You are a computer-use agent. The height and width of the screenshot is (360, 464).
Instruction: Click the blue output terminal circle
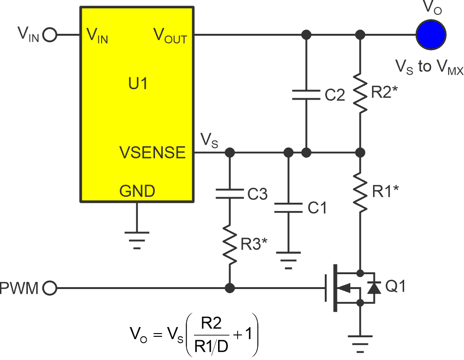tap(431, 34)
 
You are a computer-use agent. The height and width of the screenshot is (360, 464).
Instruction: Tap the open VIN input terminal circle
tap(50, 35)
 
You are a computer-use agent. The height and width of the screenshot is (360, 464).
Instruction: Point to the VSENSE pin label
tap(153, 152)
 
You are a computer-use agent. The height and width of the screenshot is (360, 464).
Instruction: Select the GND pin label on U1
tap(137, 191)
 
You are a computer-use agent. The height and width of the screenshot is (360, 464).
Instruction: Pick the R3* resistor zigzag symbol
tap(229, 243)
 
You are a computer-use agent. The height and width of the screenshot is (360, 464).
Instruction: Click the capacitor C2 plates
tap(306, 95)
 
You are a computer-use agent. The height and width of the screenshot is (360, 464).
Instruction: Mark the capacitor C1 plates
tap(288, 207)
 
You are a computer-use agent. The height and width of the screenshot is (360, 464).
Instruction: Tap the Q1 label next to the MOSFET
tap(395, 287)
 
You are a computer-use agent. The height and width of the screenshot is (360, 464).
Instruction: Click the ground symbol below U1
tap(137, 239)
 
